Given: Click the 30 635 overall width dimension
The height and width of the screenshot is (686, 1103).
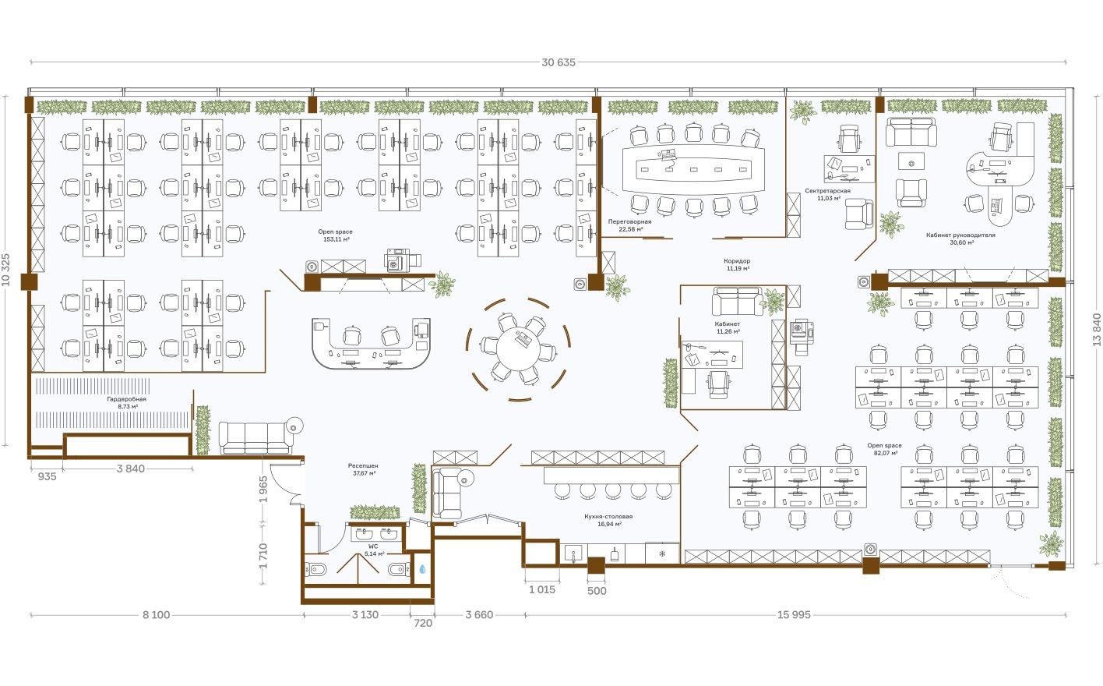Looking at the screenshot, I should [558, 62].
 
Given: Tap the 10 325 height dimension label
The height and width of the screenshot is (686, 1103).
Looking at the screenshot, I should [7, 269].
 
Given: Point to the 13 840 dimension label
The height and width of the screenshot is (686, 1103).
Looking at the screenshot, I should [1096, 329].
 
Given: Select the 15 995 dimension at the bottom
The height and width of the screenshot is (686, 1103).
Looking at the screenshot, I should [793, 615].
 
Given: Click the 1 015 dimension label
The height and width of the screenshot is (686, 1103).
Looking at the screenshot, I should [541, 590].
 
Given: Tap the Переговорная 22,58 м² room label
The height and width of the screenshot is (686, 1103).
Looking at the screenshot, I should [630, 225].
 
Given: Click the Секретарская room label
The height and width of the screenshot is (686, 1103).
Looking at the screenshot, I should [827, 194].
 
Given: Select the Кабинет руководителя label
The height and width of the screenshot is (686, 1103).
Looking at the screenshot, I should [960, 238].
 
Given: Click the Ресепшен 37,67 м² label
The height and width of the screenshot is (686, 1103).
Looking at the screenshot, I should [363, 469].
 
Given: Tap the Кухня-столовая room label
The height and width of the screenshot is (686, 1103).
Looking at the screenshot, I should [608, 520].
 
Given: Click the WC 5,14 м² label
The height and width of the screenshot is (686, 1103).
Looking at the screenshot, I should [374, 550].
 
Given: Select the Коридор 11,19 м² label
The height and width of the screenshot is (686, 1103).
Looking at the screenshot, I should [737, 264].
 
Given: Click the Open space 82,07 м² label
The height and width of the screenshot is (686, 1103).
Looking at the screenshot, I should [884, 449].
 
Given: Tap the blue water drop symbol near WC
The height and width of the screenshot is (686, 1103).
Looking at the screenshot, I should [421, 569].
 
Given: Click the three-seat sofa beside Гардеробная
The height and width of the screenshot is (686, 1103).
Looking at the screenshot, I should [255, 437].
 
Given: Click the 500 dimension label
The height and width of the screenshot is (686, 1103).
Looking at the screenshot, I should [597, 591].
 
